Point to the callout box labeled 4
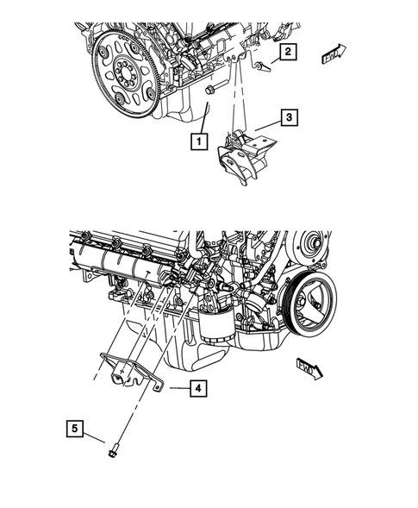point(198,389)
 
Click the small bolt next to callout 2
point(260,66)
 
